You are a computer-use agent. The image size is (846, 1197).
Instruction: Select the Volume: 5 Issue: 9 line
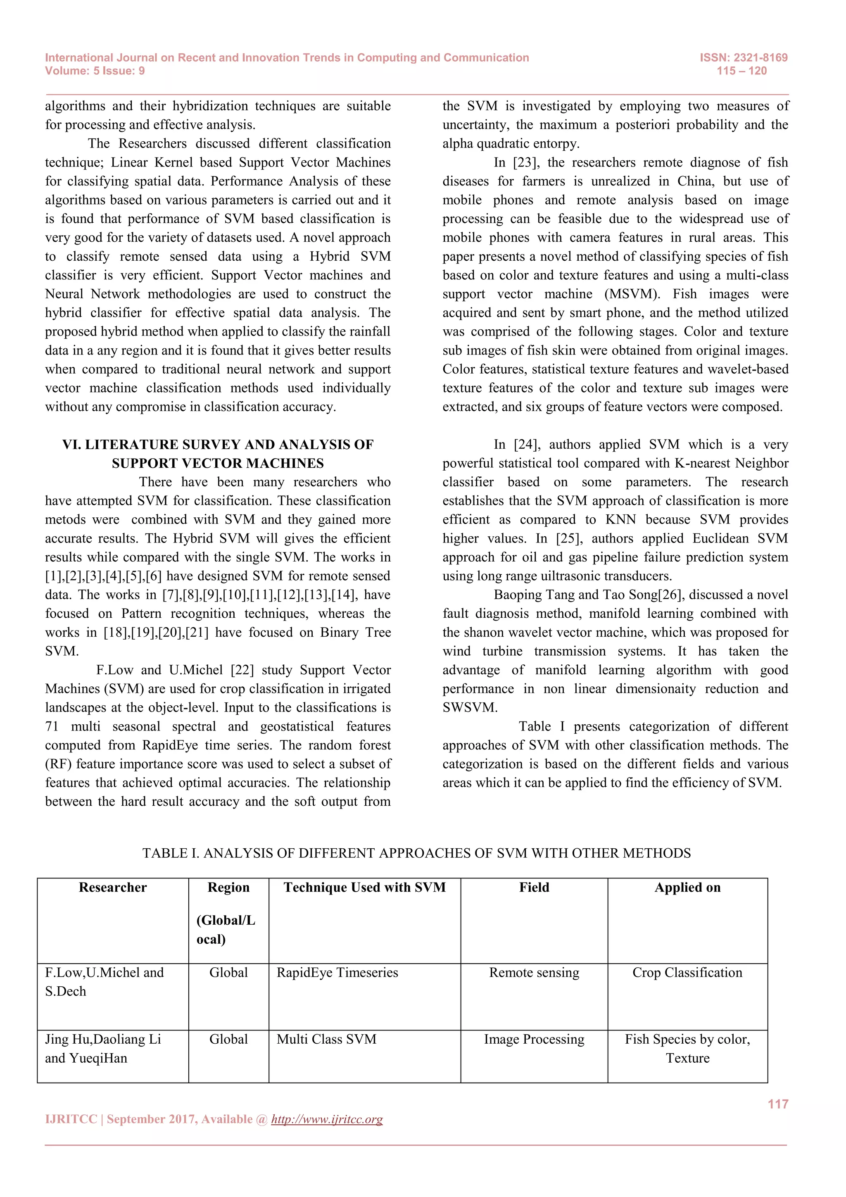click(95, 71)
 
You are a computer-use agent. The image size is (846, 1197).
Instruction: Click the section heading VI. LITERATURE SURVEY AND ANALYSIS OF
click(218, 444)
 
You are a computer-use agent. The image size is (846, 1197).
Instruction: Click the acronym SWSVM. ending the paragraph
click(470, 707)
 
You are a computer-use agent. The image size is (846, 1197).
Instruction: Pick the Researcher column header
click(113, 888)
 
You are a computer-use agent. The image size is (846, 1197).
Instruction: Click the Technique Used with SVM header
click(364, 888)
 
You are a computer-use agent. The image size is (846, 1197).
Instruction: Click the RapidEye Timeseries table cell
click(337, 972)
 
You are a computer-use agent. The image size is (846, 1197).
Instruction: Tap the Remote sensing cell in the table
click(534, 972)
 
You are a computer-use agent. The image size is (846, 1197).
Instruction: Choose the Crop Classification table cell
click(687, 972)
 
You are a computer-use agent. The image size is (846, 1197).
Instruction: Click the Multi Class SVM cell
click(326, 1039)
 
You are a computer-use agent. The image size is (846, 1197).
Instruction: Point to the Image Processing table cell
click(534, 1039)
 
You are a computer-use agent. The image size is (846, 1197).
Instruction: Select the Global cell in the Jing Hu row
click(228, 1039)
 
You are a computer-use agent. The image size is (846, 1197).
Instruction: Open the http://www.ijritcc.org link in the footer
click(327, 1119)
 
